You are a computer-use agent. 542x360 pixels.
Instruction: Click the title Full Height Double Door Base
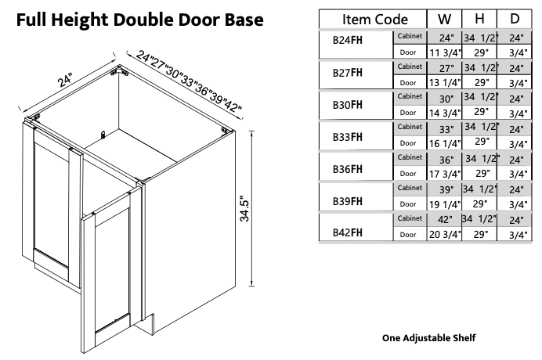(x=139, y=19)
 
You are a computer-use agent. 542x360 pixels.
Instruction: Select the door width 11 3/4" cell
(x=443, y=52)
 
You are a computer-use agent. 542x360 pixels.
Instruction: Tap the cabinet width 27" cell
(x=443, y=68)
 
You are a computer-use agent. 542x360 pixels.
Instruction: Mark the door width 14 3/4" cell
(x=443, y=113)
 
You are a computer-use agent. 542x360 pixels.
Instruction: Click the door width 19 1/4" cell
(x=443, y=203)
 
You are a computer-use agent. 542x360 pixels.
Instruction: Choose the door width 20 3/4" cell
(x=443, y=233)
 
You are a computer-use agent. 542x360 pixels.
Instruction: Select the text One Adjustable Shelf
(x=428, y=338)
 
